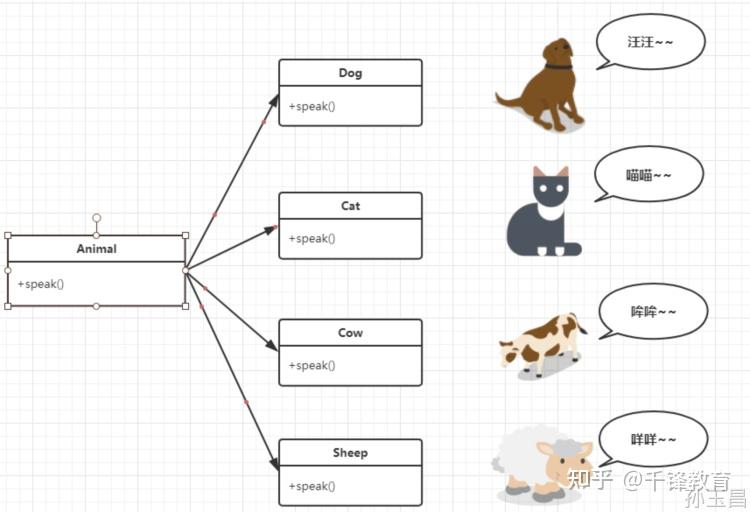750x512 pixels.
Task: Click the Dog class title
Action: [350, 73]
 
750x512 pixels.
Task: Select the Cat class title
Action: [350, 206]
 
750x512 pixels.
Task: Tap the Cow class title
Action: [350, 333]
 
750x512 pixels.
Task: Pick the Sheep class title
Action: [350, 453]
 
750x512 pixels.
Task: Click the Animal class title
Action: [96, 249]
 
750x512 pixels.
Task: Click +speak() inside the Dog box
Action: [312, 106]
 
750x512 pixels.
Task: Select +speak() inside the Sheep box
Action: [312, 486]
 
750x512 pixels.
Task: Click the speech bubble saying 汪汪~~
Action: [650, 43]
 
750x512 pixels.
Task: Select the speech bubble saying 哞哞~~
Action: [653, 311]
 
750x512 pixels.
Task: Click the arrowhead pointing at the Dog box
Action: [274, 99]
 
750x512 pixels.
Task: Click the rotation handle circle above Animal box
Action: [96, 217]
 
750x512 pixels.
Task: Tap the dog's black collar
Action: [559, 67]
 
